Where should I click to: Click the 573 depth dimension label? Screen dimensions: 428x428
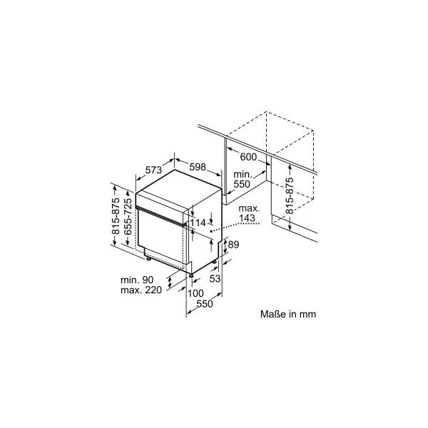[153, 170]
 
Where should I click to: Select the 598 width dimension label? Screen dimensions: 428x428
[198, 167]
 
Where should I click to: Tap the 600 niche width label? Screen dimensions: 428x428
[248, 157]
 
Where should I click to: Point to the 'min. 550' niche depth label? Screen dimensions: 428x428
[242, 179]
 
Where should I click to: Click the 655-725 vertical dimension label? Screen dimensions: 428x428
[128, 216]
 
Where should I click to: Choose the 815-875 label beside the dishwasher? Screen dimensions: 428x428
[116, 216]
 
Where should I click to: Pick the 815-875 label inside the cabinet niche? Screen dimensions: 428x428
[290, 195]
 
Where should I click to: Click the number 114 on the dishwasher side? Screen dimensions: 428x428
[198, 223]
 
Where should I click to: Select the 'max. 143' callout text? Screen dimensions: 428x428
[249, 213]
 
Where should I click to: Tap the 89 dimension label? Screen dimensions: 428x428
[233, 245]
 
